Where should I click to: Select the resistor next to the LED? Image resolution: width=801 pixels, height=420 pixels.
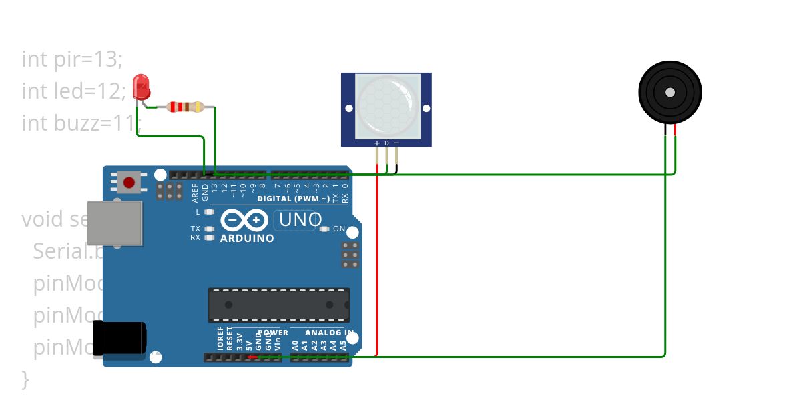(x=185, y=107)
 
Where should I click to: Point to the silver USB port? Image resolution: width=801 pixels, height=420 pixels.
(x=115, y=221)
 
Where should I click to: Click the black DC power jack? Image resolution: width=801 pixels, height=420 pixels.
(x=120, y=338)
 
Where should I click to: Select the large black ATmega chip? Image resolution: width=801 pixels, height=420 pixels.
(x=278, y=305)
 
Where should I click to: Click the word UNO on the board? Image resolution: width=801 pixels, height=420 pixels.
(x=300, y=219)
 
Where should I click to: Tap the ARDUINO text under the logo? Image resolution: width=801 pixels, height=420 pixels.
(x=247, y=239)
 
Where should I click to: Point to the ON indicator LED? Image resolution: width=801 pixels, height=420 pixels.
(x=324, y=229)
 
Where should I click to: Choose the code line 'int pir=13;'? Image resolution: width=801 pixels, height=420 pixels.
(x=72, y=59)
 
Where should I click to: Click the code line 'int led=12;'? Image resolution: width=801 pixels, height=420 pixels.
(x=73, y=91)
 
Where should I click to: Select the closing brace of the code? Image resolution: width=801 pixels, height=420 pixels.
(x=25, y=379)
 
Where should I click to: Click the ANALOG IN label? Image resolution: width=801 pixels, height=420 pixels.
(x=329, y=333)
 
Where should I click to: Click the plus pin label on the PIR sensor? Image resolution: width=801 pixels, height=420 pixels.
(x=377, y=143)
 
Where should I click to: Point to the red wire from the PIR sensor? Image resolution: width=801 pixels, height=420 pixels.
(x=378, y=267)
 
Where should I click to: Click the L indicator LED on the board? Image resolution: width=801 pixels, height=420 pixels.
(x=209, y=212)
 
